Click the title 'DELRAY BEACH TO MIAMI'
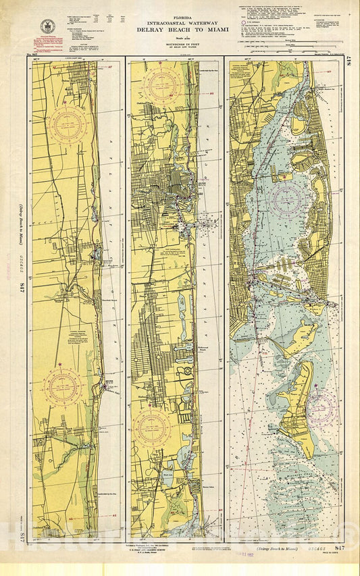pos(183,30)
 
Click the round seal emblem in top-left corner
pos(48,27)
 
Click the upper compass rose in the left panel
pos(67,126)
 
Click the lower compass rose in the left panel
pos(63,387)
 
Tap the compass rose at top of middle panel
pos(162,86)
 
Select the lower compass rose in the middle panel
pos(151,429)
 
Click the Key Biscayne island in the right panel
pos(298,405)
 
